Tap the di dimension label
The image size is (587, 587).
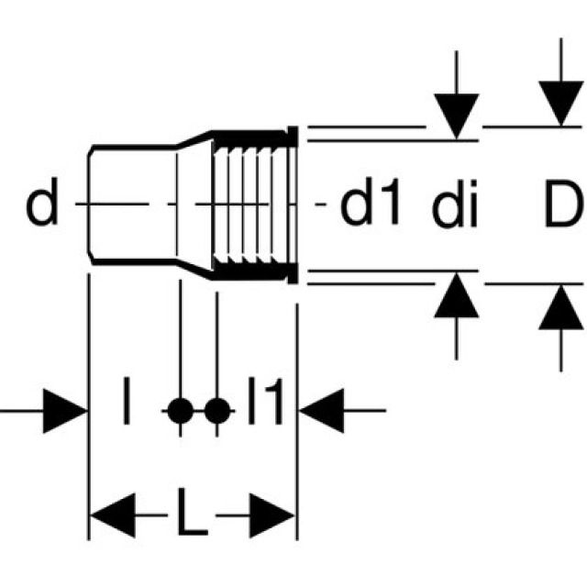[x=456, y=209]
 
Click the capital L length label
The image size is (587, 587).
[x=191, y=519]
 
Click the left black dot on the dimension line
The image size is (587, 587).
[x=181, y=410]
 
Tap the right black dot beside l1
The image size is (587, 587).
[x=216, y=410]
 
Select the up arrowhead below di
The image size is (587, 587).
[x=456, y=297]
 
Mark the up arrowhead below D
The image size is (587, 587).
[x=561, y=306]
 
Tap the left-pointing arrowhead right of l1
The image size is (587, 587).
[x=321, y=410]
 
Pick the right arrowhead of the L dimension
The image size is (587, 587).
[x=272, y=519]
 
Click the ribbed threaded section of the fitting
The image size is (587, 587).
[x=249, y=204]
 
